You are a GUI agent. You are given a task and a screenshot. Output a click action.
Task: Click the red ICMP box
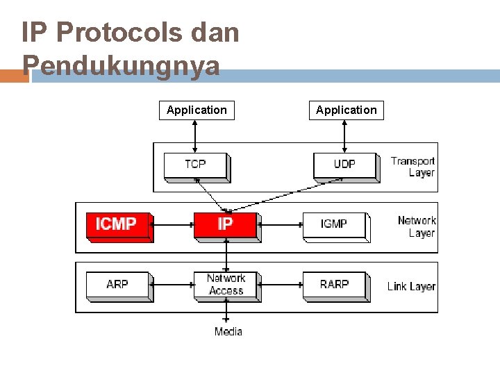[x=119, y=225]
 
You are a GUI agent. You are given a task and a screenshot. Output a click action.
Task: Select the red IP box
[x=226, y=225]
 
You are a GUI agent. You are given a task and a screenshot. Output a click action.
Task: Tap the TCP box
[x=196, y=165]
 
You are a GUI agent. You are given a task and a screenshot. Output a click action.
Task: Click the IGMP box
[x=335, y=225]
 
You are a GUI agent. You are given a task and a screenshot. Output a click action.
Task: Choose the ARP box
[x=118, y=285]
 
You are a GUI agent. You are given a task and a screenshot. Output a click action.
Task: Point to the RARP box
[x=335, y=285]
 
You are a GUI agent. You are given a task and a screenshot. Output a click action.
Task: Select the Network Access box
[x=226, y=285]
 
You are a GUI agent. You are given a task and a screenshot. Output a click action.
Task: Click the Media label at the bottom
[x=228, y=331]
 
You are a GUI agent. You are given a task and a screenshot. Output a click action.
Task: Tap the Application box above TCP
[x=197, y=110]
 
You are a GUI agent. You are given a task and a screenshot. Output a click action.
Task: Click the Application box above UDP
[x=346, y=110]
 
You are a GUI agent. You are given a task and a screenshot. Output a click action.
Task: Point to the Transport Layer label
[x=412, y=167]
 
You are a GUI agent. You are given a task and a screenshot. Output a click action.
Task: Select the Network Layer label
[x=417, y=226]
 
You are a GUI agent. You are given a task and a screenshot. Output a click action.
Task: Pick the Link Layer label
[x=412, y=286]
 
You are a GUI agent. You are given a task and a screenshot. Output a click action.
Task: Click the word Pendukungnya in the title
[x=122, y=66]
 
